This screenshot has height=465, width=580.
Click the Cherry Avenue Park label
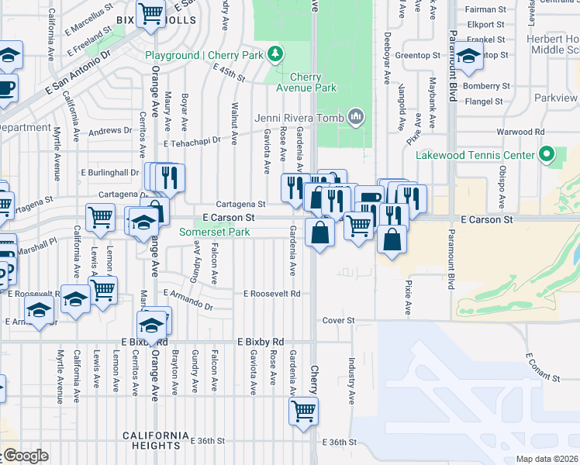312,82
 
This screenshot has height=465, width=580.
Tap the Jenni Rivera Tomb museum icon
356,116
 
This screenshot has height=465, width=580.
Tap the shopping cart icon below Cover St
303,410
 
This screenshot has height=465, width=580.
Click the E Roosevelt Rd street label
271,294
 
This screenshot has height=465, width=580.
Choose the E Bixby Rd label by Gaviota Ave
261,341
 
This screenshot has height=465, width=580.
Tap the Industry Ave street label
351,381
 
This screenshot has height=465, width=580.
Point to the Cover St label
338,320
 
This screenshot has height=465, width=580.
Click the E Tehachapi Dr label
192,143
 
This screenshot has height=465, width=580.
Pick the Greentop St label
418,56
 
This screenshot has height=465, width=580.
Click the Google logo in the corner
25,456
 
